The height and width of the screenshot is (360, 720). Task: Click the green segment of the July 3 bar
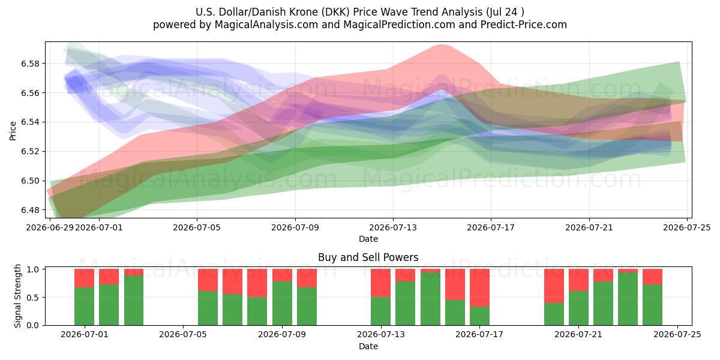[x=134, y=300]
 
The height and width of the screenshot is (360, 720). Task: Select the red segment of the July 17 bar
[x=479, y=287]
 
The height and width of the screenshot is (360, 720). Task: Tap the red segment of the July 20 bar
[x=554, y=286]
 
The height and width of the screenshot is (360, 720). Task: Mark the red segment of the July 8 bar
[x=257, y=283]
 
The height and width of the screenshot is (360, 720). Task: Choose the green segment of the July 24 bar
[x=653, y=305]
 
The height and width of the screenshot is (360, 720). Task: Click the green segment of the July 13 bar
[x=380, y=311]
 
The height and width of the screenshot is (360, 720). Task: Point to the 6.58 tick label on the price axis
[x=30, y=64]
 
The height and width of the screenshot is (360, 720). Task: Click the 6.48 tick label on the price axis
[x=30, y=210]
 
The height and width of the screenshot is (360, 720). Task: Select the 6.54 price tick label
[x=30, y=122]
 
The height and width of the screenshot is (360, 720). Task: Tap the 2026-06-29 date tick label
[x=50, y=227]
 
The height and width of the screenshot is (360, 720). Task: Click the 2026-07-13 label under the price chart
[x=393, y=227]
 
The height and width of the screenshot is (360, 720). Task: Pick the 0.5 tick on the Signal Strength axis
[x=33, y=298]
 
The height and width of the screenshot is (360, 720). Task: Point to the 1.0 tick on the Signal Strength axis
[x=33, y=269]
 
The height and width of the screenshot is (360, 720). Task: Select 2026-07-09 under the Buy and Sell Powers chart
[x=282, y=334]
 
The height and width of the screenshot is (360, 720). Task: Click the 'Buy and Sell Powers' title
[x=368, y=257]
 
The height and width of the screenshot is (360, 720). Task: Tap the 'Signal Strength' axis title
[x=17, y=296]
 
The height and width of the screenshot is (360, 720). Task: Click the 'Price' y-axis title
[x=13, y=131]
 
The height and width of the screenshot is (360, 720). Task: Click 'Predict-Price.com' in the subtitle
[x=524, y=25]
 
